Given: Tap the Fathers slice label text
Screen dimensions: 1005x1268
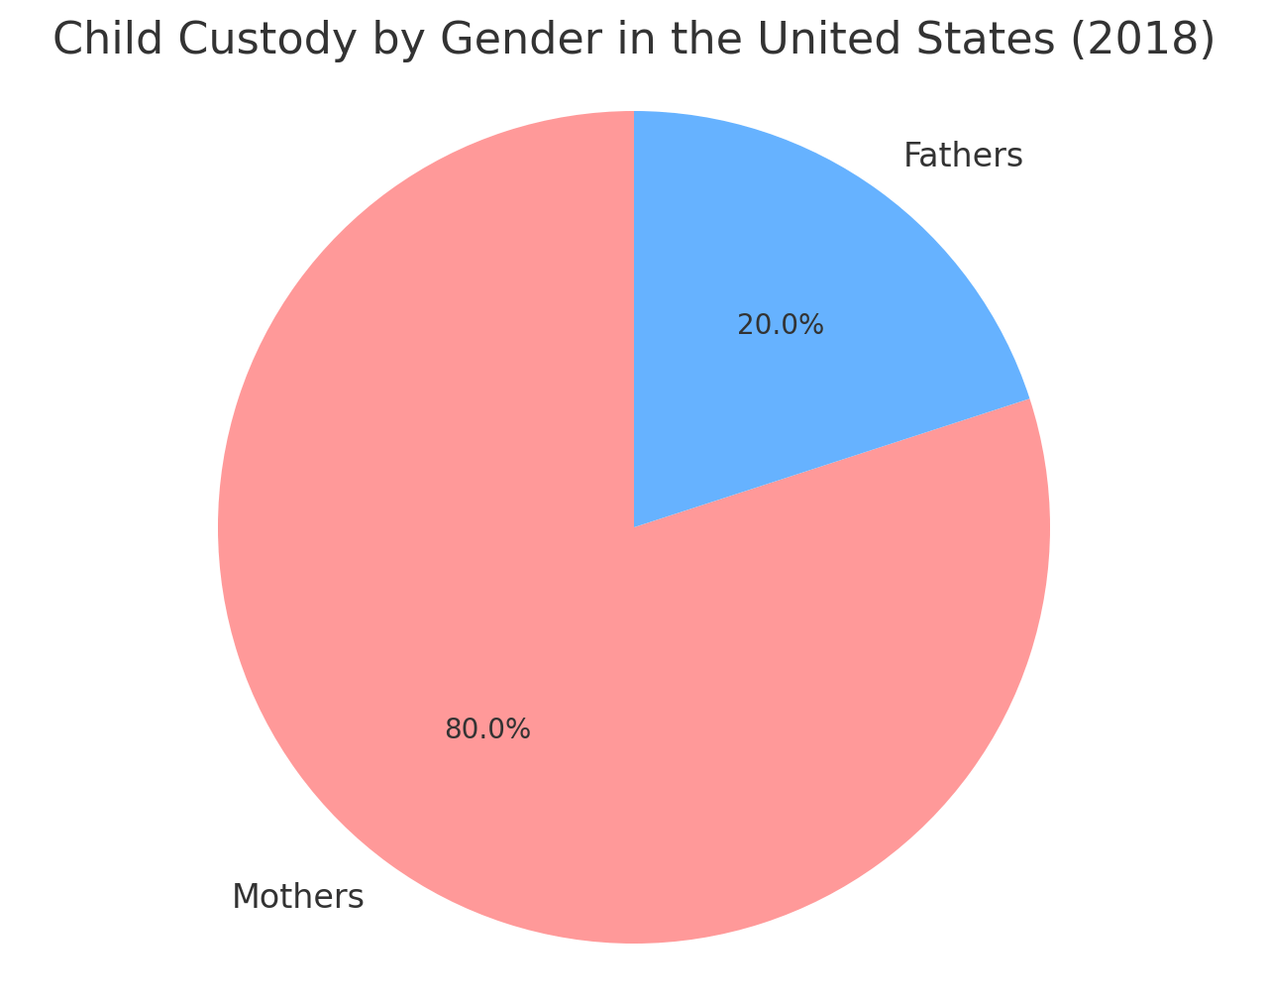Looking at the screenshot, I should coord(963,156).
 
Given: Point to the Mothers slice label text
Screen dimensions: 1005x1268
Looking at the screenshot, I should coord(298,897).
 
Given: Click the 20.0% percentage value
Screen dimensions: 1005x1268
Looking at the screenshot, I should coord(781,325).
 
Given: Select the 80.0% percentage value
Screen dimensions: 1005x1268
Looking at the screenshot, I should coord(487,729).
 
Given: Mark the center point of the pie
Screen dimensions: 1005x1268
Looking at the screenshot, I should coord(634,527).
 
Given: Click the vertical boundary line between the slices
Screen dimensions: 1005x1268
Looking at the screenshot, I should coord(634,317).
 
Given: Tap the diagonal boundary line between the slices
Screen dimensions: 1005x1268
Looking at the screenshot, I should coord(832,463).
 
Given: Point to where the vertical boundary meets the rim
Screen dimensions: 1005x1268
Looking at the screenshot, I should coord(634,112).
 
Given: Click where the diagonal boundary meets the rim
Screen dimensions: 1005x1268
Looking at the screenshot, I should coord(1029,399).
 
